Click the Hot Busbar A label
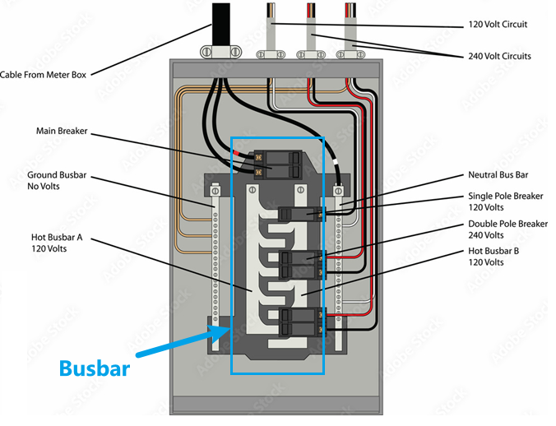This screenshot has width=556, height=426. point(57,243)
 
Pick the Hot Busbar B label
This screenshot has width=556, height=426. point(496,257)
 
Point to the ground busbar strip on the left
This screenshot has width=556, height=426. point(215,263)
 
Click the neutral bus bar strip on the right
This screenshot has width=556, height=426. point(337,263)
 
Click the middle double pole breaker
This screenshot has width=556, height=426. point(295,265)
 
